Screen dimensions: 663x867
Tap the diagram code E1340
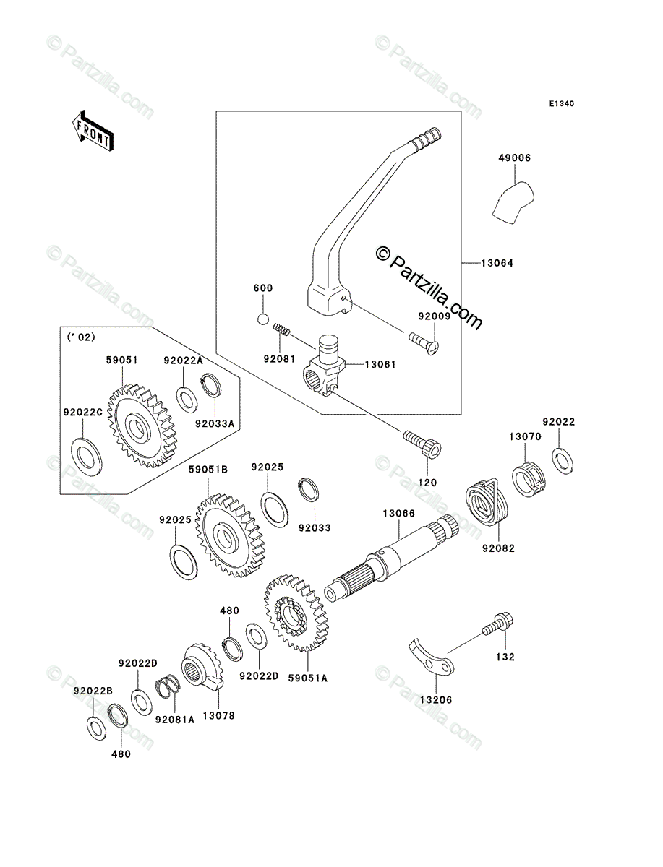561,104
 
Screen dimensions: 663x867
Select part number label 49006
514,158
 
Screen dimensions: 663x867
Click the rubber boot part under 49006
513,203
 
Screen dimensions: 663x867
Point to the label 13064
497,263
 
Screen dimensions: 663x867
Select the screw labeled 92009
424,342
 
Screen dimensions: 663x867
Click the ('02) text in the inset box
81,337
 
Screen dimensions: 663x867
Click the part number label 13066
398,514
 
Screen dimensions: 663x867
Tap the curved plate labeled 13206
431,662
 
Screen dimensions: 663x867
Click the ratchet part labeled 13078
202,667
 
